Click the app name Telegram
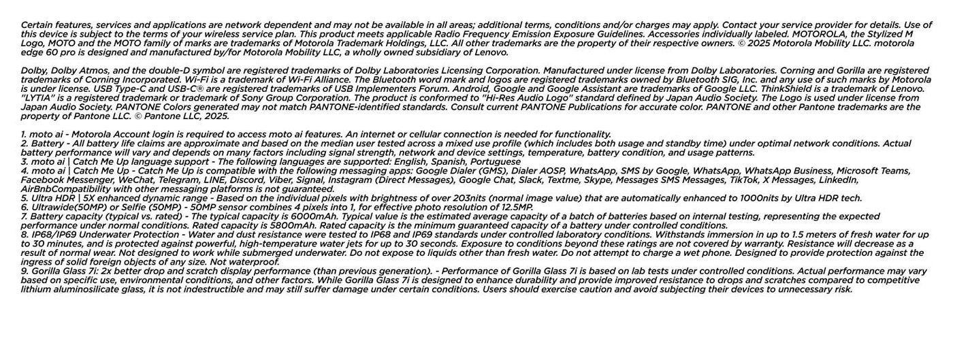(180, 180)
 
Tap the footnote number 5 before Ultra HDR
(24, 198)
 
